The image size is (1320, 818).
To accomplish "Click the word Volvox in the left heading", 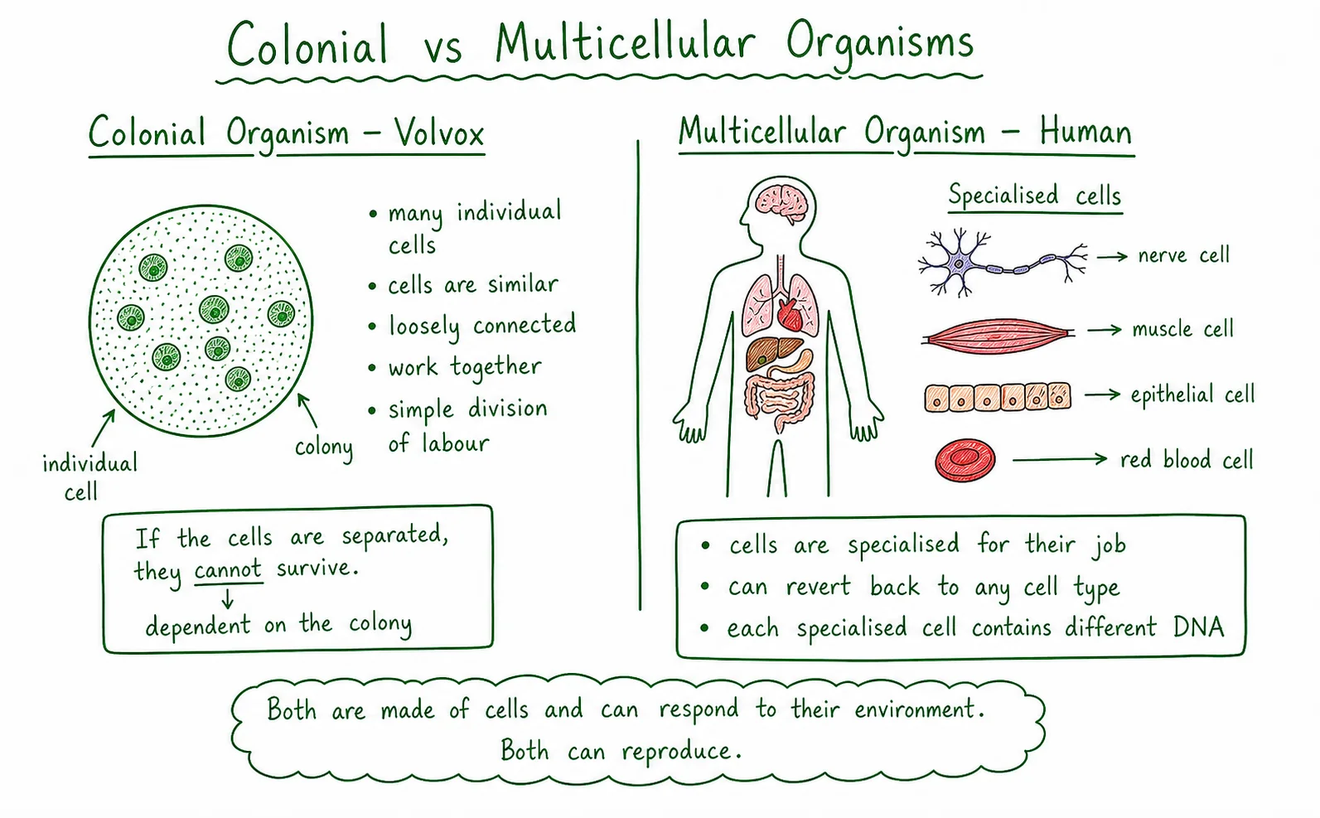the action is pos(439,133).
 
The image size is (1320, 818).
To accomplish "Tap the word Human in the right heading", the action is pos(1085,131).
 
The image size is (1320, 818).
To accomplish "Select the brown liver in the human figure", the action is pos(772,352).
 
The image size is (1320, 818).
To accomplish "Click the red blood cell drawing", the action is pos(965,460).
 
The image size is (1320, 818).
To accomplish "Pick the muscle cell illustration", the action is pos(998,336).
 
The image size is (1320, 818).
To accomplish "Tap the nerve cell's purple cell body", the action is pos(960,264).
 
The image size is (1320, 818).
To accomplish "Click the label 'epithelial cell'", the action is pos(1192,394).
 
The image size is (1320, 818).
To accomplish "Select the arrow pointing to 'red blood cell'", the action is pos(1060,458).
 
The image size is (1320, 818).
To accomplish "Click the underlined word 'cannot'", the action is pos(228,569).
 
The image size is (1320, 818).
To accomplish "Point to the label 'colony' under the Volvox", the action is pos(323,448).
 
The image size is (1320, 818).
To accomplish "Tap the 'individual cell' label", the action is pos(89,477).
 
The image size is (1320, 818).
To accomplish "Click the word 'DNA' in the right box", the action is pos(1198,627).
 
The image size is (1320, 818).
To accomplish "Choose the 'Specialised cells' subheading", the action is pos(1034,195).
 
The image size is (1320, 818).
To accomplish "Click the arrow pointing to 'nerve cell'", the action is pos(1112,256).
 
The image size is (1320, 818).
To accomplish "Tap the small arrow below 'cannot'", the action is pos(228,599).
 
